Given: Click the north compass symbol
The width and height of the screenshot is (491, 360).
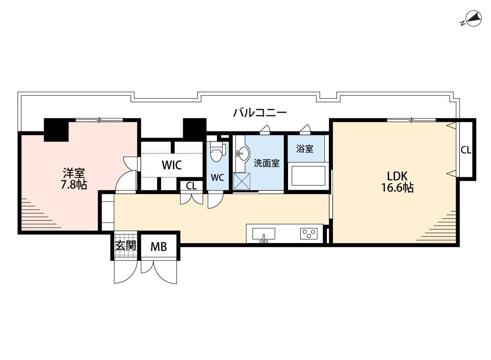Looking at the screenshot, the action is [472, 18].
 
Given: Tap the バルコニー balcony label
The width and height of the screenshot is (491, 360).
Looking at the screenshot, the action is [260, 112].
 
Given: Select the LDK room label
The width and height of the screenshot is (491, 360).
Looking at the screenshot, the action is [397, 176].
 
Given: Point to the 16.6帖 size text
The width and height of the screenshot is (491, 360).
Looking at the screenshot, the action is [397, 188].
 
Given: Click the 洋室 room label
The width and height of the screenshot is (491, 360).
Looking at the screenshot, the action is [74, 173].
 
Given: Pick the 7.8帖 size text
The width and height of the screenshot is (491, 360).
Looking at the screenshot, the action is [74, 185].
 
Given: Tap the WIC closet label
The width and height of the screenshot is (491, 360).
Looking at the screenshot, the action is [172, 165].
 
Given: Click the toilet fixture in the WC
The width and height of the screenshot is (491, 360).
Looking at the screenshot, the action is [217, 151].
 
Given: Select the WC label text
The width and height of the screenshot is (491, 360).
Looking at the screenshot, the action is [217, 178].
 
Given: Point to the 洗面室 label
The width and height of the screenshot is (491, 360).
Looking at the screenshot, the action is [267, 163].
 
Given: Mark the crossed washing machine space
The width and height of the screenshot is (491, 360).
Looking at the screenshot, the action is [242, 181].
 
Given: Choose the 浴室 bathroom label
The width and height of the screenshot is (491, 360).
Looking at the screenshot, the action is [305, 148].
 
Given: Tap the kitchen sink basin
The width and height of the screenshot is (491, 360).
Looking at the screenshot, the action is [264, 234].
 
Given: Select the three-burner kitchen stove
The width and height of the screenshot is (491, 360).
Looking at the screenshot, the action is [309, 233].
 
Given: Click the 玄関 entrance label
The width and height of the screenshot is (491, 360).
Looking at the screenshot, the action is [126, 245].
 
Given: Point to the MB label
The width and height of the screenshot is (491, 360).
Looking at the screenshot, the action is [159, 247].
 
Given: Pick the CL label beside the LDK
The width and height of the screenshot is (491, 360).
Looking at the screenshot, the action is [466, 150].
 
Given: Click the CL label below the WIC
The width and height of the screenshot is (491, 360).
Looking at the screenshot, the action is [191, 186].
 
